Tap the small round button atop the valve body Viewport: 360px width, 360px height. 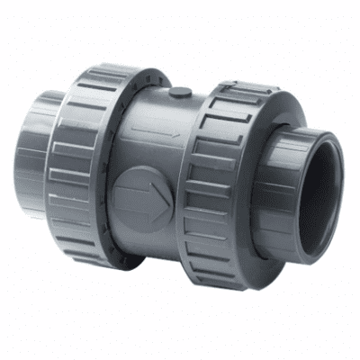click(181, 91)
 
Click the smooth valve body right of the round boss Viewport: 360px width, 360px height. click(184, 216)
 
